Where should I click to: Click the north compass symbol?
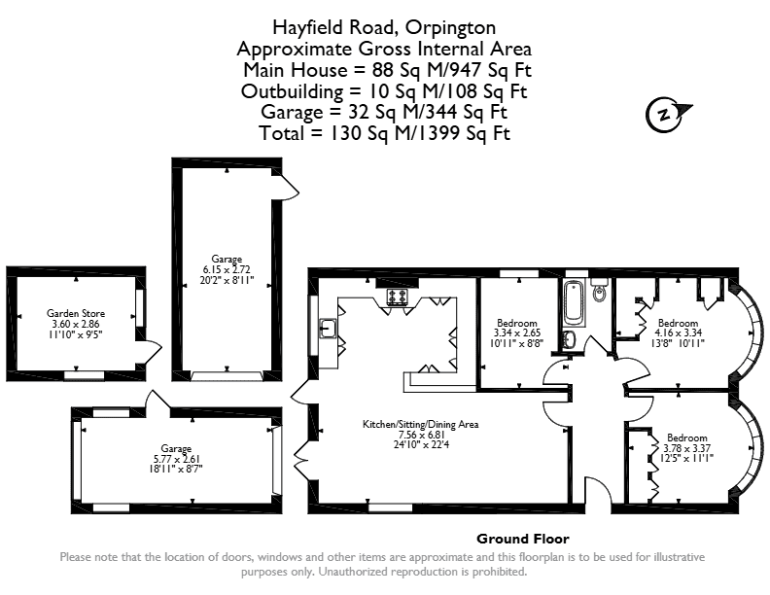(x=665, y=116)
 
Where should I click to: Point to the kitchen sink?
(x=328, y=328)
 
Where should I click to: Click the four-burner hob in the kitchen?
(x=398, y=297)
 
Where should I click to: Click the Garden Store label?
(x=76, y=313)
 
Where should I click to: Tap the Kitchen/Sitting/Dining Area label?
(x=420, y=424)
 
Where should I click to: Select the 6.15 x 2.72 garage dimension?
(x=227, y=269)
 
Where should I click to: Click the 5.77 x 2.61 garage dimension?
(x=176, y=459)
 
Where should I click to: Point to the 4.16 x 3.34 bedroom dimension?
(x=678, y=332)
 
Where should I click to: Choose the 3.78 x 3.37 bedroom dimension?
(x=686, y=448)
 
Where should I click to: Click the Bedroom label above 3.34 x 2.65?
(x=516, y=323)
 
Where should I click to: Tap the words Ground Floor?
(x=523, y=539)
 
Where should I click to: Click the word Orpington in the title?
(x=450, y=28)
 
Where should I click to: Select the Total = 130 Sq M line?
(x=384, y=133)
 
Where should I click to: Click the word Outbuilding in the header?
(x=293, y=91)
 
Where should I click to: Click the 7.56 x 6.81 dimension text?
(x=421, y=435)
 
